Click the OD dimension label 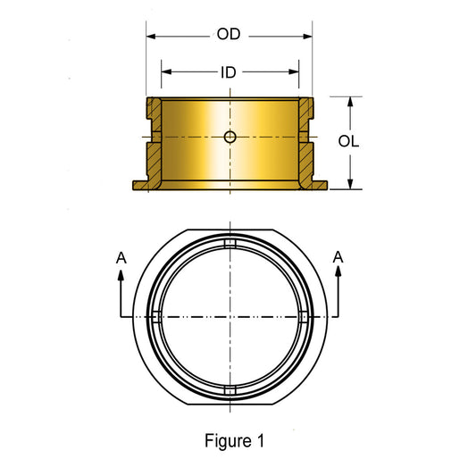[x=229, y=34]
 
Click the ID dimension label [x=229, y=72]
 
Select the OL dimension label [x=348, y=141]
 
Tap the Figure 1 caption [x=234, y=441]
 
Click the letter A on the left [x=121, y=258]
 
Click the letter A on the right [x=338, y=257]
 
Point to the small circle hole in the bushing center [x=230, y=137]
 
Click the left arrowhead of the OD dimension [x=151, y=37]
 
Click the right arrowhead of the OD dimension [x=307, y=37]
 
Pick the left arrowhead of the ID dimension [x=166, y=72]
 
